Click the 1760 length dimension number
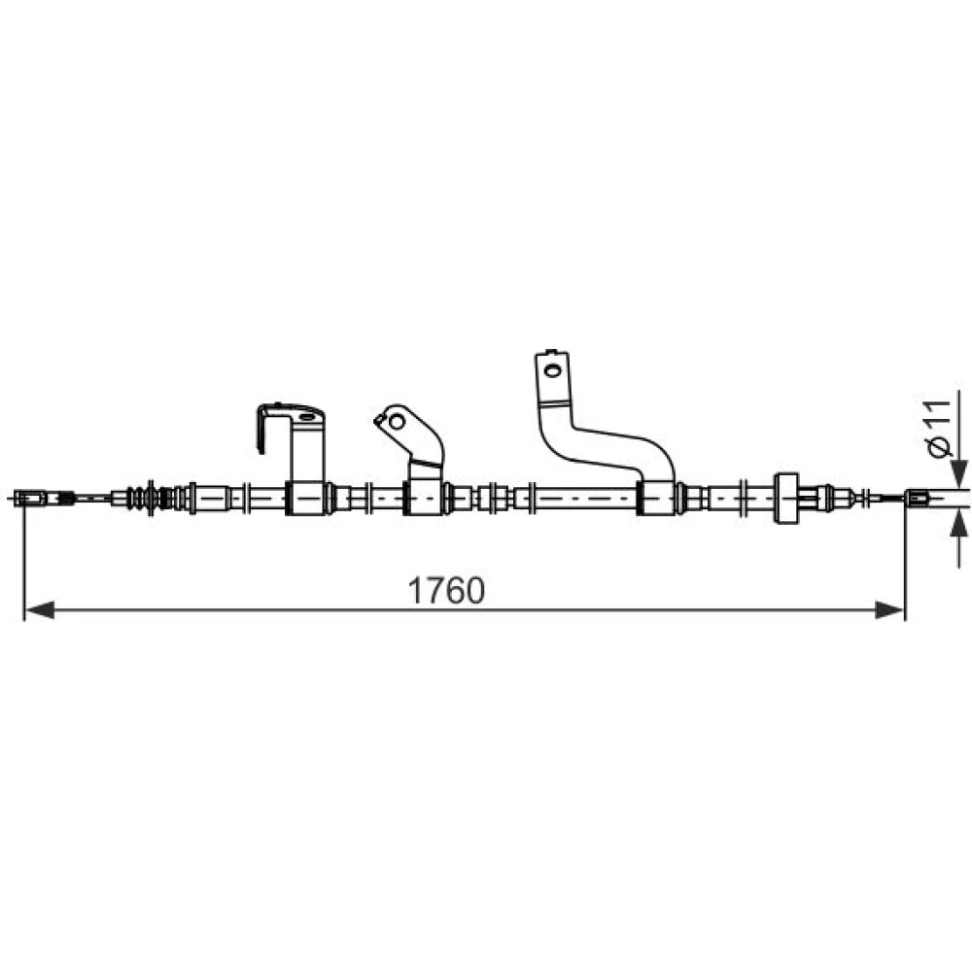pyautogui.click(x=446, y=591)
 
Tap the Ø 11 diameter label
pyautogui.click(x=940, y=429)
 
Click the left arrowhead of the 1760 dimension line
pyautogui.click(x=39, y=610)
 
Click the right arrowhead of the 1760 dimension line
pyautogui.click(x=889, y=610)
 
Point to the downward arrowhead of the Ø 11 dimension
pyautogui.click(x=959, y=473)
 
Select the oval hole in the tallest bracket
pyautogui.click(x=551, y=371)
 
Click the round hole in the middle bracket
pyautogui.click(x=397, y=422)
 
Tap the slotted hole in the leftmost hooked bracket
pyautogui.click(x=307, y=417)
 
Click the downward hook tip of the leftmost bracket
pyautogui.click(x=261, y=450)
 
